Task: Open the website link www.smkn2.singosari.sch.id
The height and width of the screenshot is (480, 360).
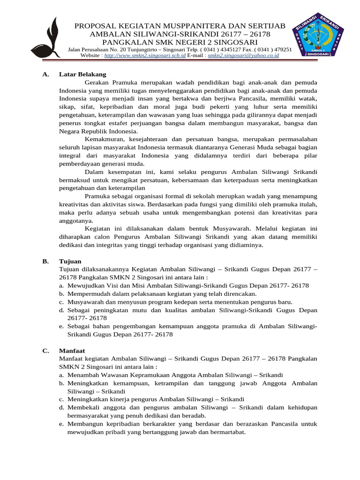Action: (x=145, y=55)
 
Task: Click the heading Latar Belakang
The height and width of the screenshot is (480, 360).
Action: (x=82, y=74)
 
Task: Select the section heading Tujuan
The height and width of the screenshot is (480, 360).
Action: (x=70, y=261)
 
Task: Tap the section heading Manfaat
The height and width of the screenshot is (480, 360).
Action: (x=72, y=350)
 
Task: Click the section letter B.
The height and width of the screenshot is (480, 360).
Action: (x=45, y=261)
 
